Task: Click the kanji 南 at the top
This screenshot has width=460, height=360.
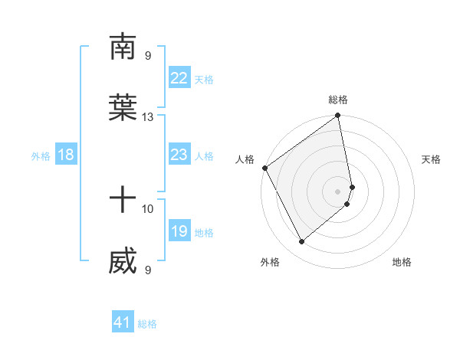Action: point(123,47)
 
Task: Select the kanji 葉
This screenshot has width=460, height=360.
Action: point(123,109)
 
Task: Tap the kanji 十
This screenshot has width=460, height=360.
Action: point(123,201)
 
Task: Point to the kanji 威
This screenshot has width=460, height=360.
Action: point(123,262)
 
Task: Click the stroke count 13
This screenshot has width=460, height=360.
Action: point(148,117)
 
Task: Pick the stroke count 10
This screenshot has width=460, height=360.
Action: point(148,208)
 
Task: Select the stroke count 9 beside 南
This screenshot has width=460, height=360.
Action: point(148,55)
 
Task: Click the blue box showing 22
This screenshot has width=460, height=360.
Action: point(179,78)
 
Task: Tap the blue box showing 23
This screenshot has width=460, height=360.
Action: point(179,155)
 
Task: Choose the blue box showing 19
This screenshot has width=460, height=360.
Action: point(179,231)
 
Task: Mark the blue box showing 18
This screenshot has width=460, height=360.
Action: point(66,155)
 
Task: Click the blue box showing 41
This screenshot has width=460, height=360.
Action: point(123,323)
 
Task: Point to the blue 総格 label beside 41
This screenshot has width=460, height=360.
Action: point(147,324)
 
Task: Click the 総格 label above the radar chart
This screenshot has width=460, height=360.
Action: point(338,100)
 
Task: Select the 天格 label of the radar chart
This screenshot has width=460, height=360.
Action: point(431,159)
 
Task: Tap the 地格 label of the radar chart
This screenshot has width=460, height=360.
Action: point(402,263)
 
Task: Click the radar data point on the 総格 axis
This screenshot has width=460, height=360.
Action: point(338,116)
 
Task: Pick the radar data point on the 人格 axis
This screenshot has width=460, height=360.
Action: point(264,168)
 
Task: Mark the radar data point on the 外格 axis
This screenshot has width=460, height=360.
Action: point(301,241)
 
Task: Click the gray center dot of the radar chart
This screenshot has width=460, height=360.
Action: point(338,191)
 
